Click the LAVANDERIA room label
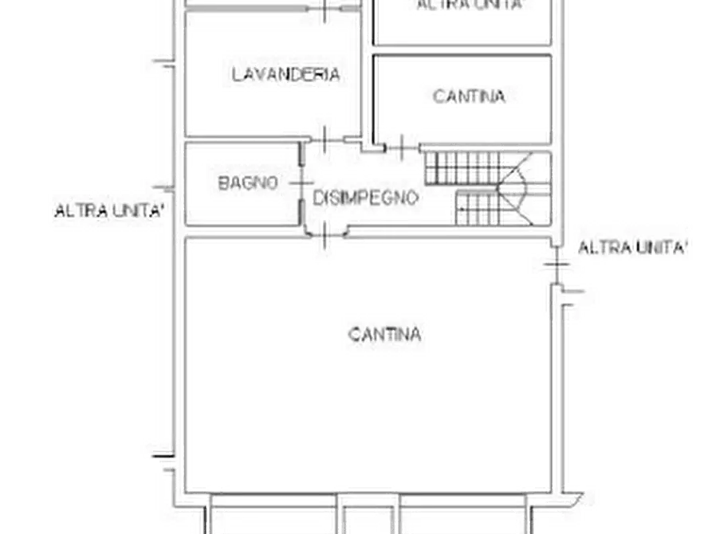pos(285,74)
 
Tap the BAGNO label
pos(247,183)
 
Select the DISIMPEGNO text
pos(365,198)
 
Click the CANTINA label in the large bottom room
pos(384,335)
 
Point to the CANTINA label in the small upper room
pos(469,96)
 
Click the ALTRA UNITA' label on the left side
pos(109,210)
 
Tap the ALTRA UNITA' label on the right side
pos(632,248)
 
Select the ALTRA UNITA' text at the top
pos(470,5)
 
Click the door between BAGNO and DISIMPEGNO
pos(301,183)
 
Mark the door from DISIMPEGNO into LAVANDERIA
pos(325,139)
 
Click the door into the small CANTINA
pos(402,147)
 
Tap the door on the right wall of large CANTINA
pos(557,264)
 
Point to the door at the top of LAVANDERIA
pos(325,9)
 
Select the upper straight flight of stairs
pos(462,168)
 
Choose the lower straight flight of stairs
pos(478,208)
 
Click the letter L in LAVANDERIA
pos(236,74)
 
